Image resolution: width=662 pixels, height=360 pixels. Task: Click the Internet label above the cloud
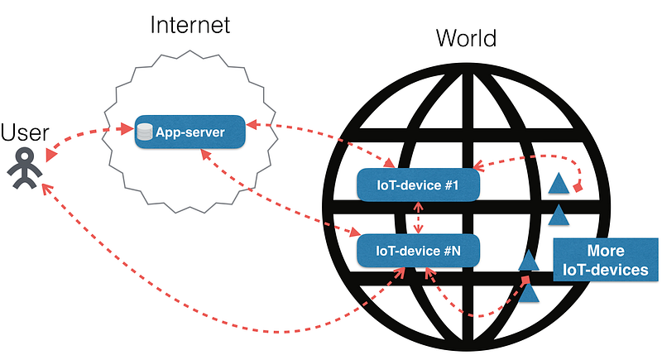click(x=189, y=24)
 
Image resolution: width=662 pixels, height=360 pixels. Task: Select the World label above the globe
click(x=468, y=38)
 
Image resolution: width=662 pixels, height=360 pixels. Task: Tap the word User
click(x=25, y=132)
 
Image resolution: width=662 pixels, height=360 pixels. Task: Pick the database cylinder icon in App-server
click(x=146, y=132)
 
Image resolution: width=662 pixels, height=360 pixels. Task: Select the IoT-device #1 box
click(x=419, y=184)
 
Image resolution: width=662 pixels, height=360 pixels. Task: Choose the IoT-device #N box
click(x=419, y=249)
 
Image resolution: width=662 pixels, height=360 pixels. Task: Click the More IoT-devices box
click(x=605, y=260)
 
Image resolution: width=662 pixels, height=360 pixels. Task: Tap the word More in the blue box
click(x=605, y=251)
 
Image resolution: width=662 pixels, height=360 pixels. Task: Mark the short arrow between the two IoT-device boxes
click(x=418, y=217)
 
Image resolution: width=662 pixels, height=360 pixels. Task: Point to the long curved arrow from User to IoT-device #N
click(x=207, y=319)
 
